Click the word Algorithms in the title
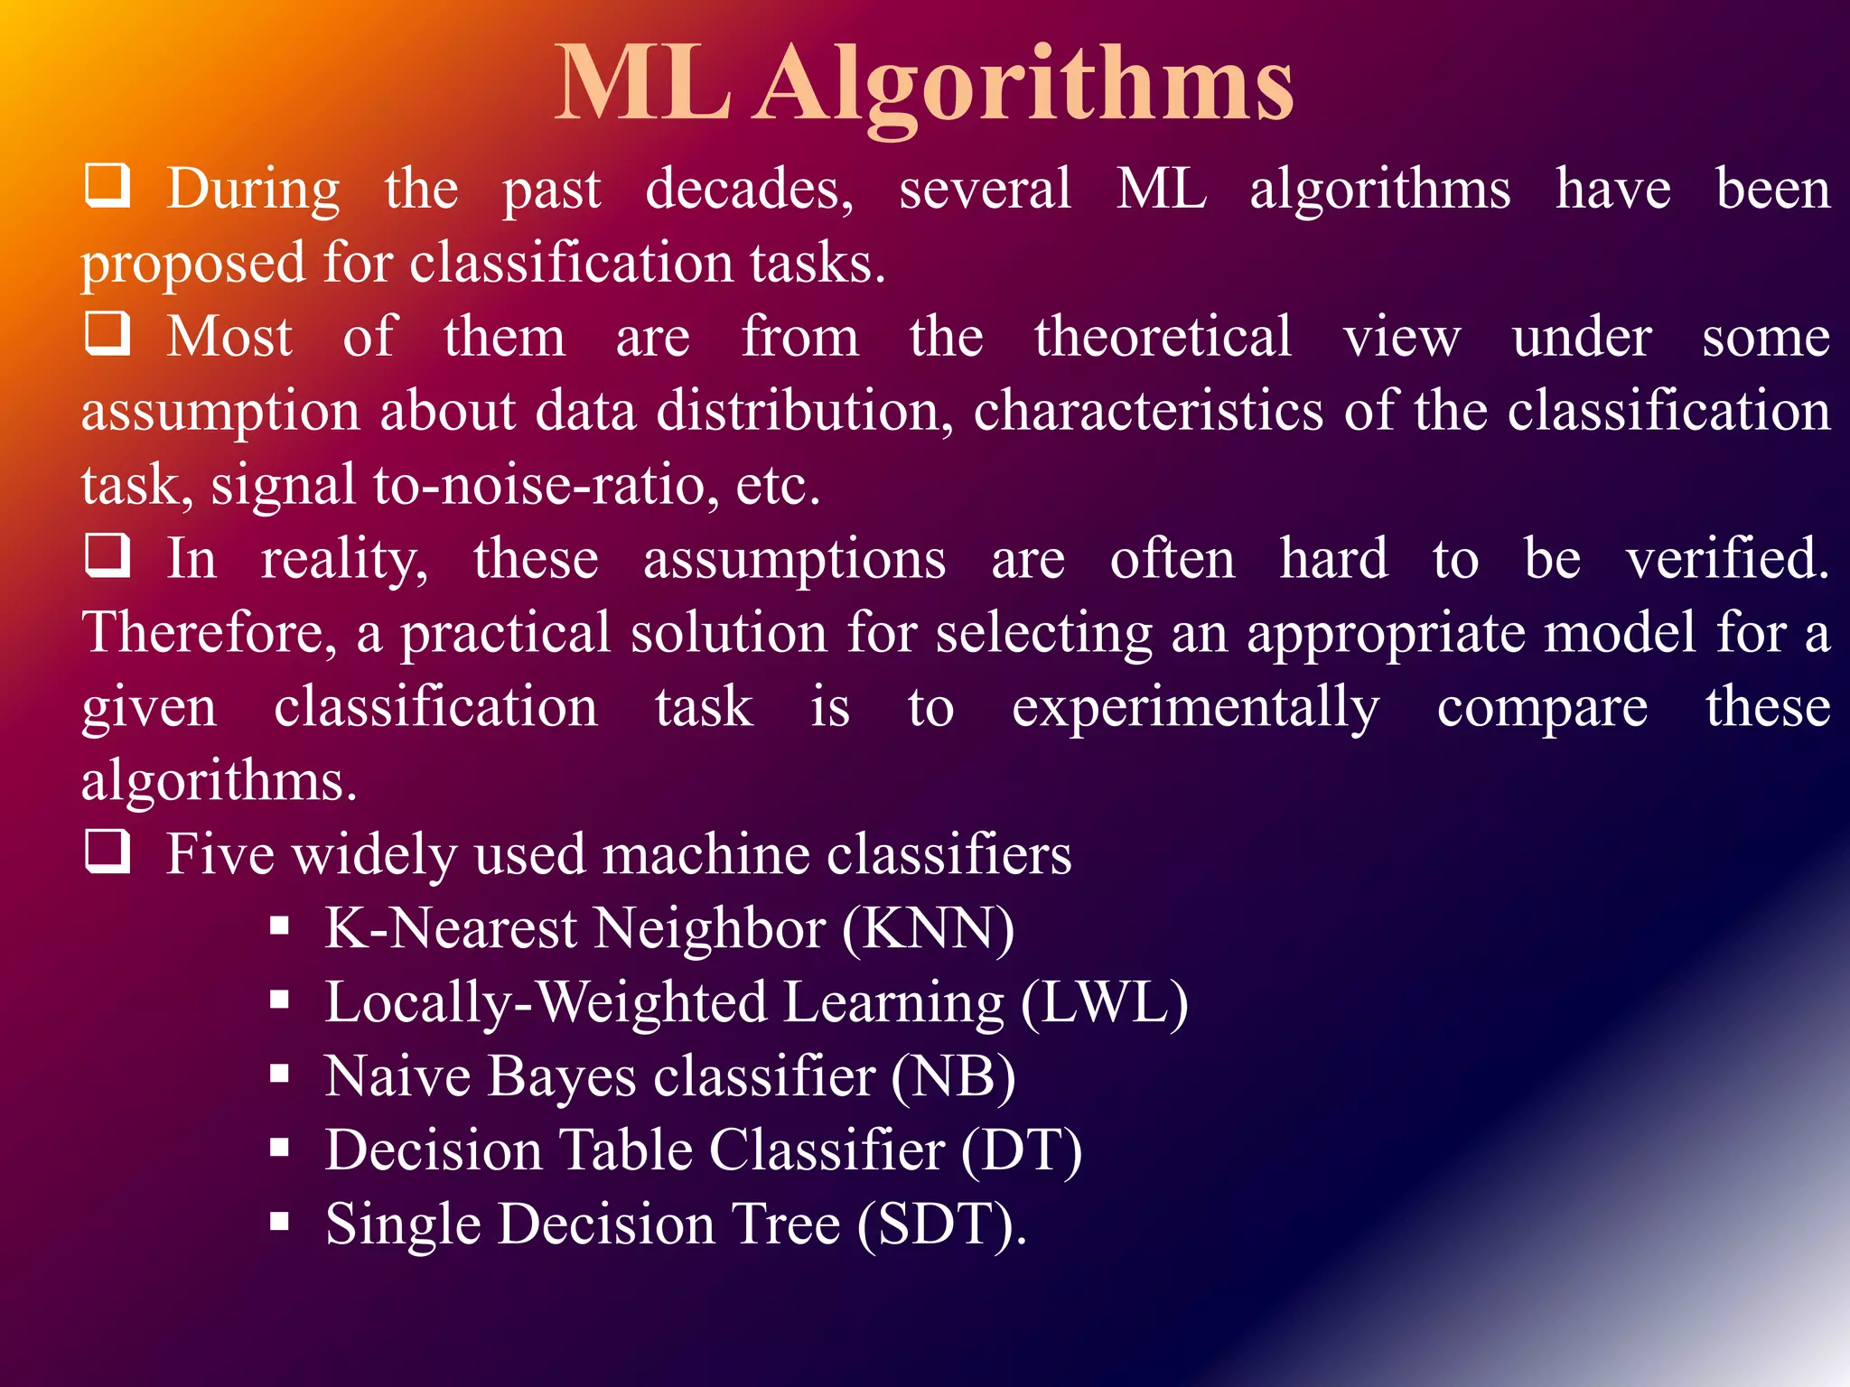1026,86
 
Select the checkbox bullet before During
107,185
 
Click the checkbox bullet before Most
107,333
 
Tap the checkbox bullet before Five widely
107,851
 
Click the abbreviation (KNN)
928,928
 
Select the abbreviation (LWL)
1104,1002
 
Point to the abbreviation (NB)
953,1076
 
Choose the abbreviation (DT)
1021,1150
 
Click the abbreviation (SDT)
940,1224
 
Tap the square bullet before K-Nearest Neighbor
279,926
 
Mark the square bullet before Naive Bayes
279,1074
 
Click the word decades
749,190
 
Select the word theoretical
1163,336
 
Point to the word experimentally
1195,708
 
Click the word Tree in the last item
786,1224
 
